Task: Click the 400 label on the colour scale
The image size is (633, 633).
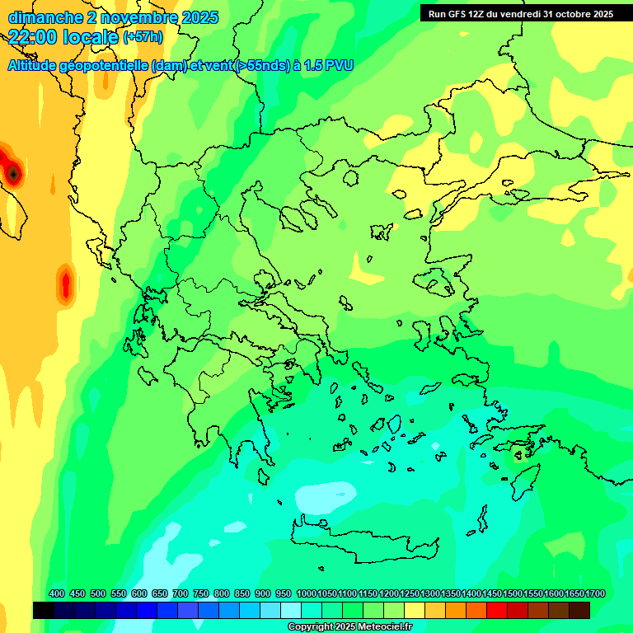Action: tap(57, 593)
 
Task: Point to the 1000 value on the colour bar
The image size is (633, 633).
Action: tap(307, 593)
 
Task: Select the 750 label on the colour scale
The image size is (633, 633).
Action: tap(200, 593)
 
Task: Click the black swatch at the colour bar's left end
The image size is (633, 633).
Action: tap(44, 611)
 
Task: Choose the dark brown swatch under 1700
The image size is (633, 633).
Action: tap(579, 611)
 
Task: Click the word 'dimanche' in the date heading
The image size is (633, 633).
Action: tap(40, 17)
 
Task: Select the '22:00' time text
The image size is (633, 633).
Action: tap(34, 36)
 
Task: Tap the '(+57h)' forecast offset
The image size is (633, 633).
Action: tap(143, 37)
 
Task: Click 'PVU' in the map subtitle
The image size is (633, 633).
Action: tap(340, 65)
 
